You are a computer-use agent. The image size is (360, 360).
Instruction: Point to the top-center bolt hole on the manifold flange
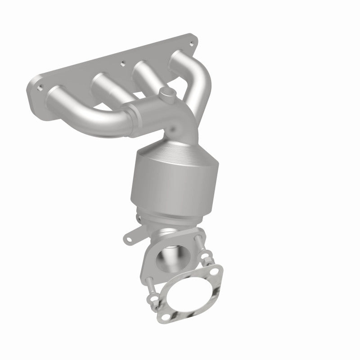point(123,63)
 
